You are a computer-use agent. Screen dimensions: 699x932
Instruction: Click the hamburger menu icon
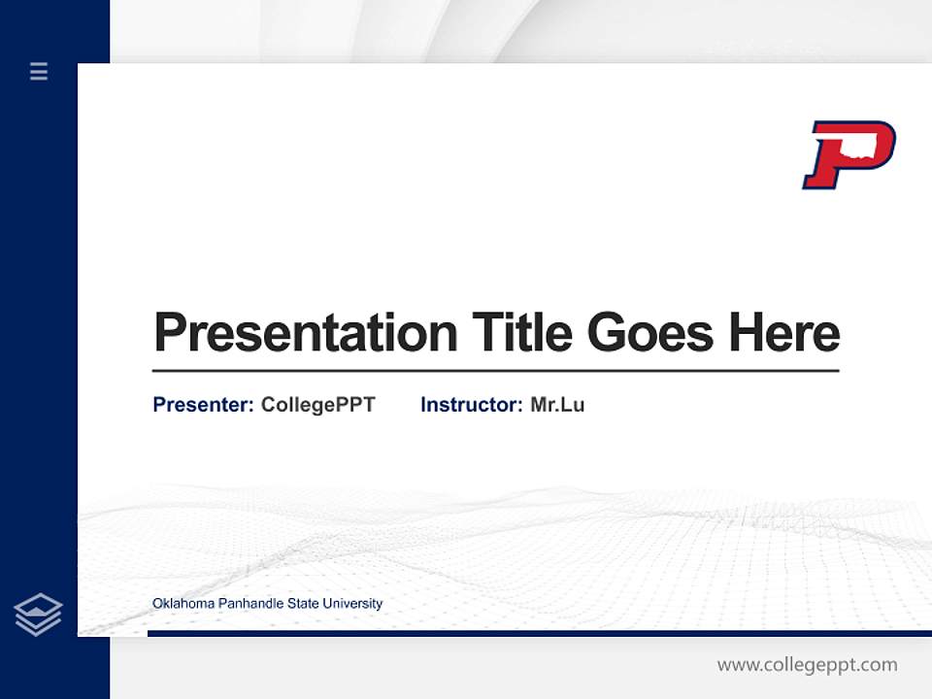click(x=39, y=71)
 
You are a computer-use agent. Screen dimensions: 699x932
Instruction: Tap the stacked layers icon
click(x=38, y=615)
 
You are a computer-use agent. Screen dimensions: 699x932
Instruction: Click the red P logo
click(x=847, y=154)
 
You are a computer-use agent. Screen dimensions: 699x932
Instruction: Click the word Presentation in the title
click(x=305, y=333)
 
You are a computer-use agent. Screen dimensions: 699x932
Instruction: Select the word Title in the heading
click(x=521, y=333)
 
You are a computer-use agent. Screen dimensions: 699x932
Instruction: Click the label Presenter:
click(x=203, y=405)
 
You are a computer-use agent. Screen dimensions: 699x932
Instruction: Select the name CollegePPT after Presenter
click(x=317, y=405)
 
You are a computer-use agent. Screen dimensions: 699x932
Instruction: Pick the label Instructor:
click(x=471, y=405)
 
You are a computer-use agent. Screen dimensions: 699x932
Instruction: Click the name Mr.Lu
click(x=557, y=405)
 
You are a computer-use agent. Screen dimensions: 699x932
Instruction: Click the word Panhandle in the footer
click(x=246, y=604)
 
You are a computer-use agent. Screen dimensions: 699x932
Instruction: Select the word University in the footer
click(x=352, y=604)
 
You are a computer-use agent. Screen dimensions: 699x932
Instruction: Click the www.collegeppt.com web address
click(x=807, y=665)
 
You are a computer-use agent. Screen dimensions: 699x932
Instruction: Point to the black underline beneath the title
click(x=495, y=371)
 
